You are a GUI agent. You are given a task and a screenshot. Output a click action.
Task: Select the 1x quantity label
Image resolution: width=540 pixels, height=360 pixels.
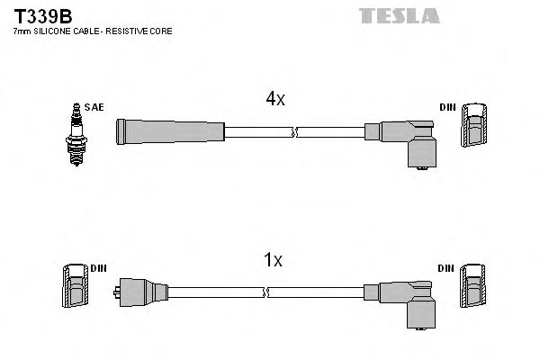pos(273,261)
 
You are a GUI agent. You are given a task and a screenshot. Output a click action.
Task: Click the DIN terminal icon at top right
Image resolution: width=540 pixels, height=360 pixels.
pos(475,125)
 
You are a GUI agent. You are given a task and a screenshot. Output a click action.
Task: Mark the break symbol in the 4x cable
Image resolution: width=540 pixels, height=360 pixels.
pos(293,132)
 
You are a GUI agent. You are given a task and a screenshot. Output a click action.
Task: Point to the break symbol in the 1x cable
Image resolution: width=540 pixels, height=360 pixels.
pos(267,292)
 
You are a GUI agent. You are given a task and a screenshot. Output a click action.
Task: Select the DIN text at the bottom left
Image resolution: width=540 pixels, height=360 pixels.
pos(98,268)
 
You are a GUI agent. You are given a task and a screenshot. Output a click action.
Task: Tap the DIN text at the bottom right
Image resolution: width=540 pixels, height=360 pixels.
pos(447,268)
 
